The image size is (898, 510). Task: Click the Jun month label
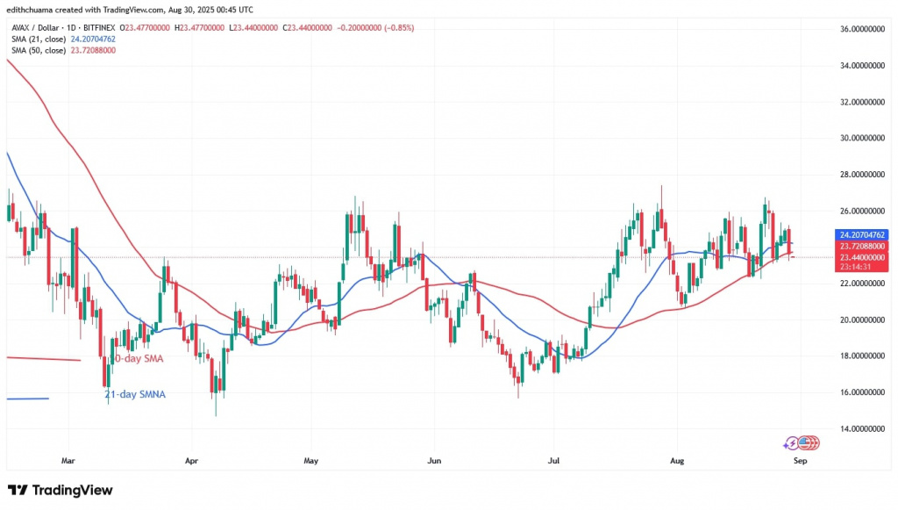point(432,459)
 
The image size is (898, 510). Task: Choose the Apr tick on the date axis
point(190,459)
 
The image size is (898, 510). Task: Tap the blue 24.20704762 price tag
point(864,234)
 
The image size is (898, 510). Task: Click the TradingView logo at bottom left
point(60,490)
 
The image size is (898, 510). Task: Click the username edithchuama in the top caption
point(33,10)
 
